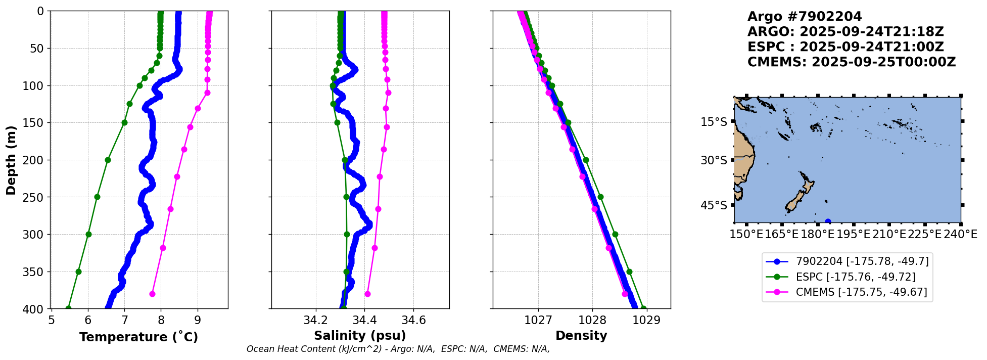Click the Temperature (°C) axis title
[x=138, y=337]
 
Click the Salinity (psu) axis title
[x=360, y=336]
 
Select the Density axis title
[x=581, y=336]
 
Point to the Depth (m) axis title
[x=11, y=160]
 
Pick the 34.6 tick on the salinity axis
[x=413, y=320]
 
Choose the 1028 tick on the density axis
[x=592, y=320]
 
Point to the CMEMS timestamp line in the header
[x=852, y=62]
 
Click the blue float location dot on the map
[x=828, y=221]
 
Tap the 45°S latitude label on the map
[x=714, y=205]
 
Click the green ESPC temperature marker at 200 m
[x=108, y=160]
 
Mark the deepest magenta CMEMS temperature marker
[x=152, y=294]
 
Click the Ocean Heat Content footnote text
[x=398, y=349]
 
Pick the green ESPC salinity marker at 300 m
[x=347, y=234]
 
